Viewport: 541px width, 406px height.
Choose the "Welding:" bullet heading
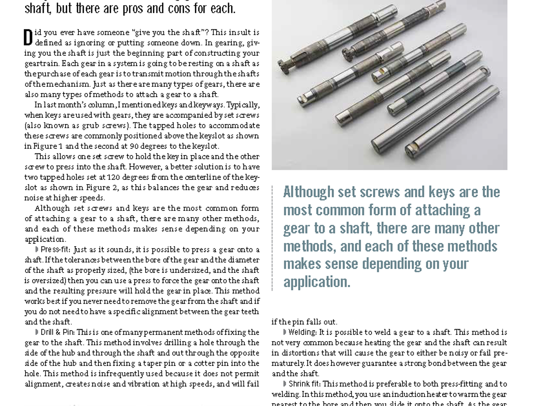[303, 332]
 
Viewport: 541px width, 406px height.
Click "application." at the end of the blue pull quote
[316, 281]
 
